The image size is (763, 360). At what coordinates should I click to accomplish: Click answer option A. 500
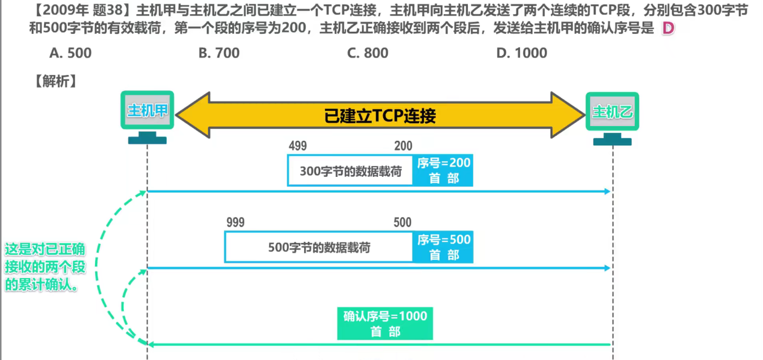click(71, 53)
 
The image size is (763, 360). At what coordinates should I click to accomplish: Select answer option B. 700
click(219, 53)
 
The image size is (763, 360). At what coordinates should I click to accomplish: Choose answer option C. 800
click(367, 53)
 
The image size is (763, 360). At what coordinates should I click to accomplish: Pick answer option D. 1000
click(522, 53)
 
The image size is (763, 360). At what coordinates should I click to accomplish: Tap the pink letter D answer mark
click(668, 28)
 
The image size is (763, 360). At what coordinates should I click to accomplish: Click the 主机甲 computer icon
click(147, 117)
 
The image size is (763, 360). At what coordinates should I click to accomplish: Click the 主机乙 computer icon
click(612, 119)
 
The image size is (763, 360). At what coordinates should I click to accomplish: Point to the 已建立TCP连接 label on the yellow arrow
click(380, 116)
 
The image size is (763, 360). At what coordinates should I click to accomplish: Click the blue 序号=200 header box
click(443, 170)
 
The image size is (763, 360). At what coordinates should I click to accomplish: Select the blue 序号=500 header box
click(443, 247)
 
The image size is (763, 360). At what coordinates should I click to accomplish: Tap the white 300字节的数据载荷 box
click(350, 170)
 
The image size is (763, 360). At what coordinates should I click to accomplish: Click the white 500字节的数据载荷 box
click(319, 247)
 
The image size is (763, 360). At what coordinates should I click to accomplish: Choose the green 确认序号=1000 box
click(385, 323)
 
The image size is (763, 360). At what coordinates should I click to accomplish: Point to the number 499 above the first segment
click(298, 146)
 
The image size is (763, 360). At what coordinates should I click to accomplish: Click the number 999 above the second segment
click(235, 223)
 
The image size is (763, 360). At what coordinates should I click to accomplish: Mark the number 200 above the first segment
click(404, 146)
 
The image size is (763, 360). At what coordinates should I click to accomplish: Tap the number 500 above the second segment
click(402, 223)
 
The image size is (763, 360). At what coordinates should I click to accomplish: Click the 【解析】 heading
click(55, 81)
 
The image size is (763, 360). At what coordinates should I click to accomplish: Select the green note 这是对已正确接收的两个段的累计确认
click(45, 267)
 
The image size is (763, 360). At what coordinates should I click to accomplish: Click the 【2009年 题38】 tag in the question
click(81, 11)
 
